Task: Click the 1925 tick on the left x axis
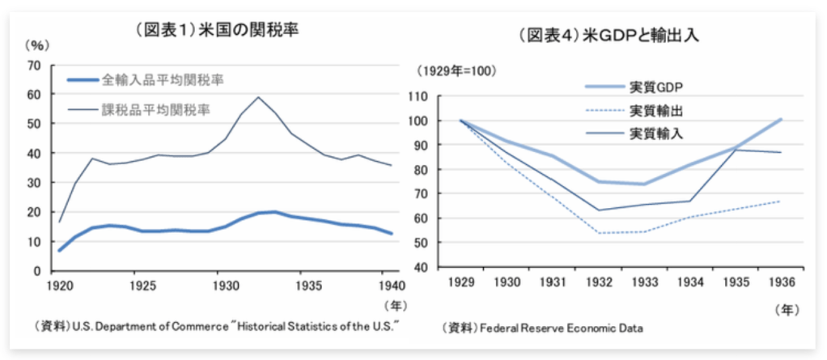pos(142,286)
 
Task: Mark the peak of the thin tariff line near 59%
pos(258,97)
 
